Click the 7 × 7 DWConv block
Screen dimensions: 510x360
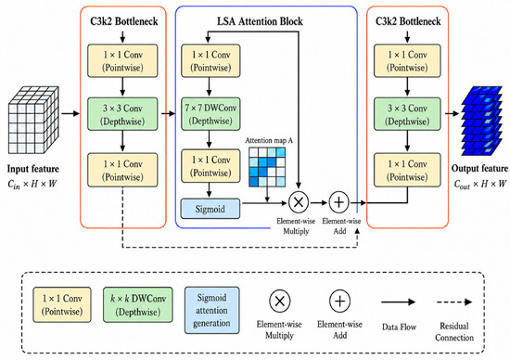(x=210, y=114)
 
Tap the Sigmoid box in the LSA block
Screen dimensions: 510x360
(x=210, y=209)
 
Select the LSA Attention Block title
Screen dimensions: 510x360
(x=260, y=21)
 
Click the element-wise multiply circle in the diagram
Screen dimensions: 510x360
(x=299, y=202)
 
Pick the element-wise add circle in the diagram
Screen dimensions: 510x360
(x=338, y=202)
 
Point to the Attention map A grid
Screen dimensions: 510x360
(x=267, y=167)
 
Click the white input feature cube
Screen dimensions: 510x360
(x=33, y=120)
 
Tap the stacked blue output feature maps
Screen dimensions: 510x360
(x=481, y=121)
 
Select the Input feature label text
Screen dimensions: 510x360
(x=33, y=169)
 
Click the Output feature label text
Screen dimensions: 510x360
(x=479, y=168)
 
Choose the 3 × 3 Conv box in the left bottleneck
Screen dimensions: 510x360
(x=122, y=114)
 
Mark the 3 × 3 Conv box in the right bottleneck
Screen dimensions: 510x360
(x=407, y=114)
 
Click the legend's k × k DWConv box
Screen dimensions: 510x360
(x=138, y=304)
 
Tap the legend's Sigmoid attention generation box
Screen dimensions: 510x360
(x=211, y=310)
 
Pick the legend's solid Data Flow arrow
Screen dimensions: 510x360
(x=398, y=302)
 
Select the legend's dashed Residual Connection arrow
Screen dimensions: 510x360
(x=454, y=302)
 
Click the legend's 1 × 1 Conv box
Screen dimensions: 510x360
(x=62, y=304)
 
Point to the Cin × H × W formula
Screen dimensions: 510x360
(x=32, y=185)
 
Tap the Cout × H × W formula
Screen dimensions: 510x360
(x=480, y=185)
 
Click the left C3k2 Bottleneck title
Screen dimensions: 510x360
(x=124, y=21)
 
